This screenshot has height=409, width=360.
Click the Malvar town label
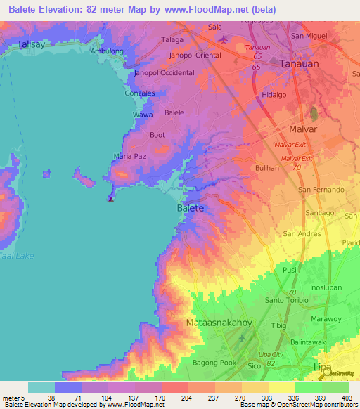pos(303,129)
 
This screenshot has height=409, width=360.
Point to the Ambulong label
pos(108,51)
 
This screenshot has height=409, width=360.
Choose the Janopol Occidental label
pos(164,73)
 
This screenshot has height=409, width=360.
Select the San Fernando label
pos(321,190)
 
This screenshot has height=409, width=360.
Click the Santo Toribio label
pos(284,300)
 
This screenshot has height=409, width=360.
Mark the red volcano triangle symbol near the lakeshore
pos(110,198)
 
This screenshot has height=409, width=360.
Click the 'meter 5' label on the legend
pos(14,397)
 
